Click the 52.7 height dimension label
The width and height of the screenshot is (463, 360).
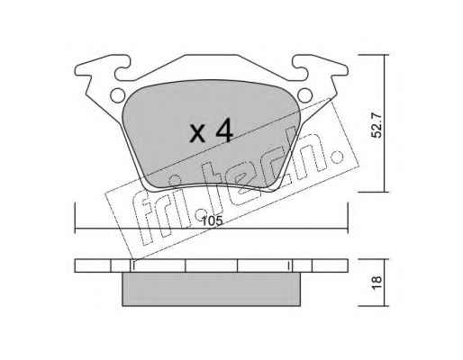[x=377, y=125]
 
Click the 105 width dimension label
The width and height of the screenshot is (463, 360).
[x=212, y=221]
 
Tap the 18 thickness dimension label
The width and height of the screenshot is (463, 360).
[x=377, y=283]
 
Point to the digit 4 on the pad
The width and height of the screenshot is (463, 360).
[x=224, y=130]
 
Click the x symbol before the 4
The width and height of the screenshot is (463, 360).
[x=197, y=133]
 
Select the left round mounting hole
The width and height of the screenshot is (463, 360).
[x=117, y=95]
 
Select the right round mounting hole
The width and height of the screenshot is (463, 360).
[x=305, y=95]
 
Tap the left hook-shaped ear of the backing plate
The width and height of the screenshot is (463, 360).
[x=102, y=67]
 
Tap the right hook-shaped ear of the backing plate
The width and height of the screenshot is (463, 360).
[x=320, y=67]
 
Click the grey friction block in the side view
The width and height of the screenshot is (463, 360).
[x=212, y=289]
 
